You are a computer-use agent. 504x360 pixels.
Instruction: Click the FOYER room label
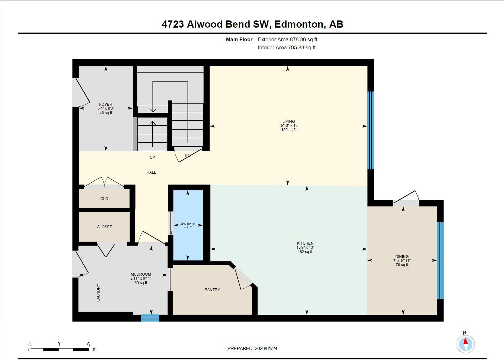click(x=106, y=104)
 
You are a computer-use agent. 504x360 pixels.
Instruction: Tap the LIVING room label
click(x=288, y=122)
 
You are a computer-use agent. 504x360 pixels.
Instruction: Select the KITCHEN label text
click(x=305, y=243)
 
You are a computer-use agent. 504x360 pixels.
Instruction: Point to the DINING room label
click(x=402, y=257)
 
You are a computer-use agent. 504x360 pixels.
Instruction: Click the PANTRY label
click(x=212, y=290)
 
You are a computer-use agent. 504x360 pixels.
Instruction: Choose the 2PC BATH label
click(x=188, y=224)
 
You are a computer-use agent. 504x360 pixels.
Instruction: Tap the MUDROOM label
click(x=141, y=274)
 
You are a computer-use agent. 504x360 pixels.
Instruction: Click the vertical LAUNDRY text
click(x=99, y=293)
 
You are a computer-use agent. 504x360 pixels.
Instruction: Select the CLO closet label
click(x=104, y=199)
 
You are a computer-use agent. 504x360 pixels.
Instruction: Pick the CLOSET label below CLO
click(x=104, y=227)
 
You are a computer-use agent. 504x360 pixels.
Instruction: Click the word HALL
click(x=151, y=172)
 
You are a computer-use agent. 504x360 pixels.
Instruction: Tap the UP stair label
click(x=152, y=158)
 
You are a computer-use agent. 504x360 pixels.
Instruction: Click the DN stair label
click(x=187, y=156)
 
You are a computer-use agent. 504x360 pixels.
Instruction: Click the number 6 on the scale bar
click(x=89, y=344)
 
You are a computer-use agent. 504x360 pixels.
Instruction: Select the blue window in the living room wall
click(x=370, y=130)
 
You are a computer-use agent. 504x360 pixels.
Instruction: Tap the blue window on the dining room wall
click(x=440, y=260)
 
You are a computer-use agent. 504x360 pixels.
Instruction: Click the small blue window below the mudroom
click(x=150, y=318)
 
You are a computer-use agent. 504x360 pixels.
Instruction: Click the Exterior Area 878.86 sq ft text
click(x=287, y=40)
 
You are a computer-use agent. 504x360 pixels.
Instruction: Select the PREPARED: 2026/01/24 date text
click(x=252, y=349)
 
